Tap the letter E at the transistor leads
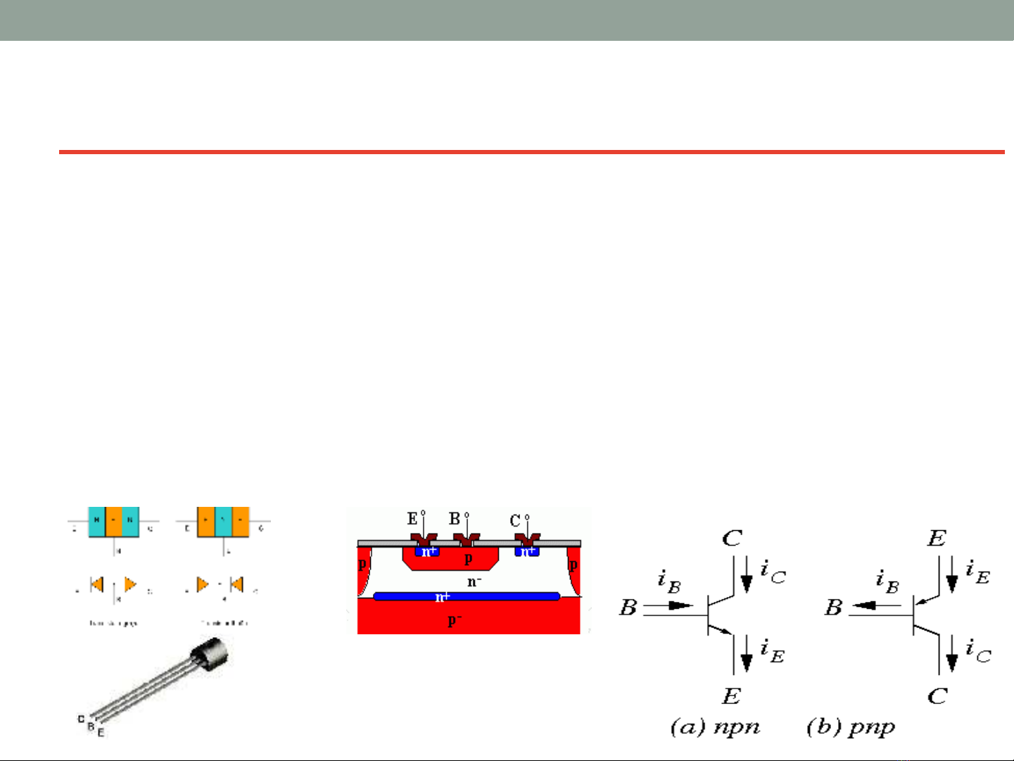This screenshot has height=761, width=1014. point(101,733)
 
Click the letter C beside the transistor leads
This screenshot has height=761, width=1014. point(82,719)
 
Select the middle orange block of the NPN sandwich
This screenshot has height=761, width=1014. point(114,522)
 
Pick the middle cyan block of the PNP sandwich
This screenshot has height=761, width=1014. point(223,522)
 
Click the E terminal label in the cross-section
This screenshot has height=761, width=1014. point(412,520)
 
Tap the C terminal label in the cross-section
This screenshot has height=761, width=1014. point(515,522)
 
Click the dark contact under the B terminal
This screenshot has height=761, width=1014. point(466,541)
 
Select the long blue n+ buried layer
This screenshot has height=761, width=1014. point(466,597)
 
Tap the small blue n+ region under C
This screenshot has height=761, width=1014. point(527,552)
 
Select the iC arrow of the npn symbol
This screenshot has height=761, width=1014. point(747,581)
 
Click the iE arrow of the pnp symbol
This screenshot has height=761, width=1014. point(952,581)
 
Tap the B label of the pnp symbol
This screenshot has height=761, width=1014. point(834,607)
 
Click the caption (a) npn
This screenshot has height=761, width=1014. point(715,727)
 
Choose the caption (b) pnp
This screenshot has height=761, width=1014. point(851,727)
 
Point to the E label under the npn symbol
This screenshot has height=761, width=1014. point(731,696)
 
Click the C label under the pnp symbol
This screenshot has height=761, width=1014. point(937,696)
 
